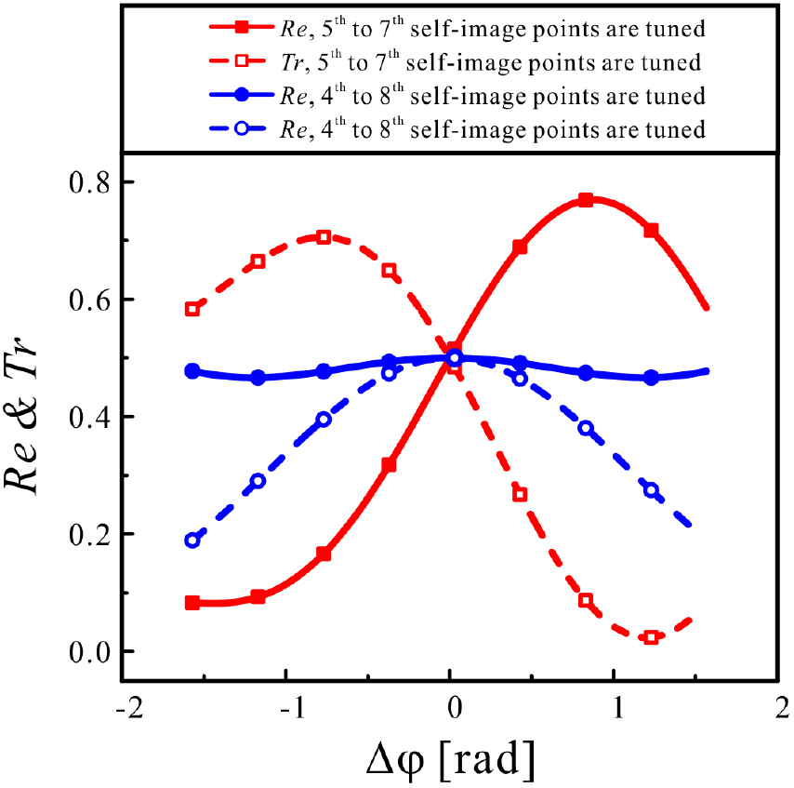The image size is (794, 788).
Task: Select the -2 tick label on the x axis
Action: click(127, 707)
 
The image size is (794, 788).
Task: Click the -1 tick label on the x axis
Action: click(290, 707)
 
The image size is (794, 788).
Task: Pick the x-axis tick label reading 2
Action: click(777, 707)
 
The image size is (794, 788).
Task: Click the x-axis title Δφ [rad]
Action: click(451, 761)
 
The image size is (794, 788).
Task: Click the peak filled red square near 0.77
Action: click(586, 200)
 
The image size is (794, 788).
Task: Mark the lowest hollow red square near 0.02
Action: click(651, 637)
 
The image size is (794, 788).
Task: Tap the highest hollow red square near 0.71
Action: click(324, 237)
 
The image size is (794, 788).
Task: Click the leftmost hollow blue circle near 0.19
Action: click(192, 540)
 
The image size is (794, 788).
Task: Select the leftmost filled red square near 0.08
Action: click(192, 603)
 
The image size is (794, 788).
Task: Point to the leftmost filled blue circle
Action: click(192, 371)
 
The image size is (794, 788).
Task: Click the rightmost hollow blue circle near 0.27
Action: click(651, 490)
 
